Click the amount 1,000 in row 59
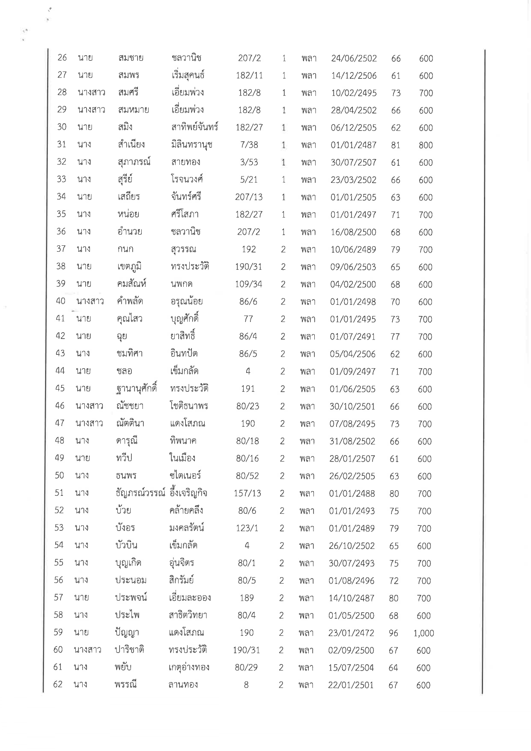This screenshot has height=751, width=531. tap(424, 633)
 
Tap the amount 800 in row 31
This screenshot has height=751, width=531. tap(426, 145)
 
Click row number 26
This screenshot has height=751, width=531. tap(62, 58)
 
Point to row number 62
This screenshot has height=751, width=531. tap(58, 685)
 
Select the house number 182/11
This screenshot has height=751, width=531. tap(249, 76)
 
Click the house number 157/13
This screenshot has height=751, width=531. tap(247, 493)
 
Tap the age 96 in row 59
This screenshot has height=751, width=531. tap(393, 633)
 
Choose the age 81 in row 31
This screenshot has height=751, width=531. tap(395, 145)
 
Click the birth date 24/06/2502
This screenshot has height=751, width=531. tap(354, 58)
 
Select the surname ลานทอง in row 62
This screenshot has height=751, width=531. tap(183, 685)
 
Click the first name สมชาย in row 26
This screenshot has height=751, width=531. tap(131, 58)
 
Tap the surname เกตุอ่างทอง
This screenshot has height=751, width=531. tap(189, 667)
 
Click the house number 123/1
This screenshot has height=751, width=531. tap(247, 528)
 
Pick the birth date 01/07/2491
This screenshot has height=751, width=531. tap(352, 337)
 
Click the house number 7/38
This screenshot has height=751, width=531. tap(249, 145)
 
